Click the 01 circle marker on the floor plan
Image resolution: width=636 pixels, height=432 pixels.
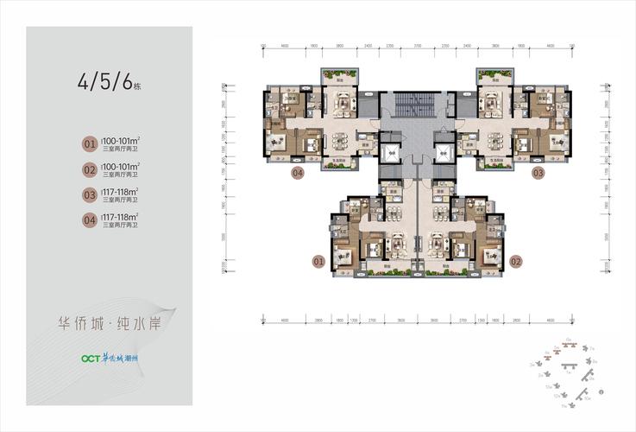click(317, 259)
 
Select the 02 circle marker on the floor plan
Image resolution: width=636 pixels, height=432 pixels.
click(516, 259)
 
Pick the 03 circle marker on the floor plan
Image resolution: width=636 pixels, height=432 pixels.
click(538, 173)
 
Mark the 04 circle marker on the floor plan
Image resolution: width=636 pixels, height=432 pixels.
click(297, 173)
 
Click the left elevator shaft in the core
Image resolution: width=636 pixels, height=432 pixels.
click(391, 155)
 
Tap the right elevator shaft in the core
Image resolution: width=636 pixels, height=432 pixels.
click(444, 155)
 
